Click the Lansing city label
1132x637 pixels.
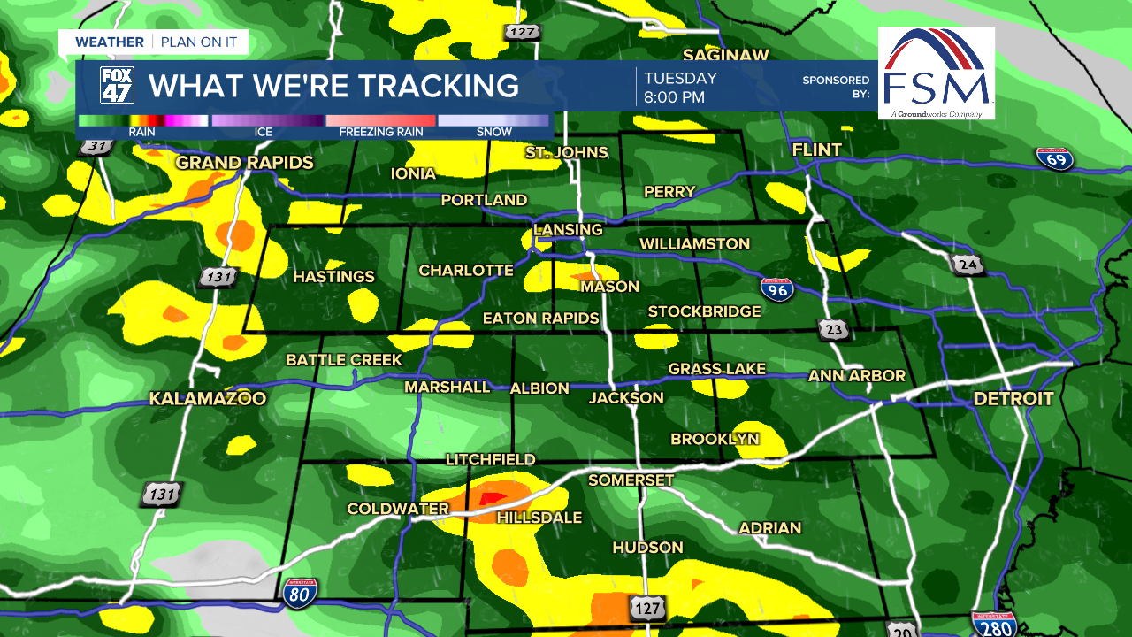tap(568, 230)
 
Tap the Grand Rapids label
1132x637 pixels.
tap(245, 163)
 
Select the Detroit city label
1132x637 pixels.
tap(1013, 399)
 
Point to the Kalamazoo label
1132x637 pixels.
tap(208, 399)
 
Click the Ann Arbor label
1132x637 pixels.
tap(857, 376)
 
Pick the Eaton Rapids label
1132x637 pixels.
tap(541, 318)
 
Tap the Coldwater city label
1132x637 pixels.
tap(398, 509)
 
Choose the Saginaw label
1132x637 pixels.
tap(726, 56)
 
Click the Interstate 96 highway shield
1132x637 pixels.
tap(776, 288)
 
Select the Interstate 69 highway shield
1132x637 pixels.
tap(1055, 158)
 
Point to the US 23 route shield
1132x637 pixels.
tap(834, 330)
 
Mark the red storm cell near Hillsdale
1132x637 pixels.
tap(491, 498)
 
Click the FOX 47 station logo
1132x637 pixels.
tap(117, 86)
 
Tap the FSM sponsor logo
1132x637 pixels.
tap(937, 73)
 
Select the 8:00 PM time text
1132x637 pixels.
tap(674, 97)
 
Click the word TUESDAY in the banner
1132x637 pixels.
tap(680, 78)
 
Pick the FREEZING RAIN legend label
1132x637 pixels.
tap(381, 133)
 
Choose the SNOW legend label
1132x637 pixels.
tap(493, 133)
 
